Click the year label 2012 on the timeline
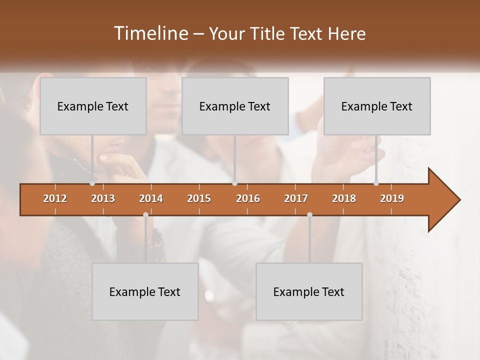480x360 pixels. pos(55,198)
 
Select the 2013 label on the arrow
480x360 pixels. pos(103,198)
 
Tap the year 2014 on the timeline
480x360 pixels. pos(151,198)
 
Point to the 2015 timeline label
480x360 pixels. pos(199,198)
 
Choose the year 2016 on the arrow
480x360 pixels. pos(248,198)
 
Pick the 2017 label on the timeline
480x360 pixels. pos(296,198)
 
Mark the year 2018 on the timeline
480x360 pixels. pos(344,198)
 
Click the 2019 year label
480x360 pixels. pos(392,198)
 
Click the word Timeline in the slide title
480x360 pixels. pos(150,33)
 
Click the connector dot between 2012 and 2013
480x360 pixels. pos(92,183)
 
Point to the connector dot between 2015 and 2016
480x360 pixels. pos(234,183)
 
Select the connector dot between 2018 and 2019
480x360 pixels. pos(376,183)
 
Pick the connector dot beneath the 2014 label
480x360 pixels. pos(145,215)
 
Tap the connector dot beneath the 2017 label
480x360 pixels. pos(309,215)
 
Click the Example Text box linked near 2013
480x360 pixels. pos(93,106)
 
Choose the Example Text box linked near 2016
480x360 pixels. pos(235,106)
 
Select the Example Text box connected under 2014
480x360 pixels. pos(145,291)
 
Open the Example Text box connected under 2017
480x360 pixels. pos(309,291)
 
